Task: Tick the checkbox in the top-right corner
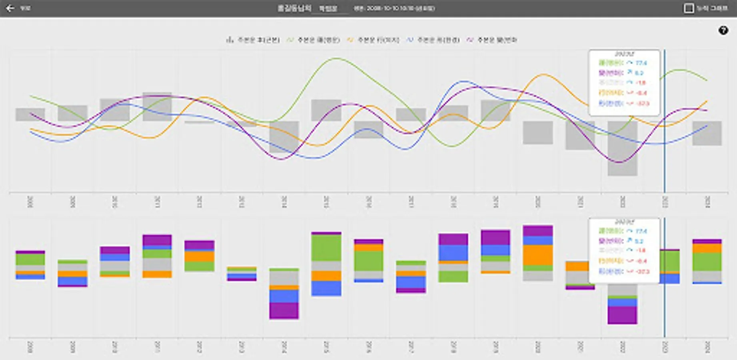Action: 688,8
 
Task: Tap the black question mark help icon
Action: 723,30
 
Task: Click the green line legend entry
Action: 314,40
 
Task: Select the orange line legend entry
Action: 373,40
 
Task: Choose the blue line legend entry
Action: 433,40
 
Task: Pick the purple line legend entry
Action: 493,40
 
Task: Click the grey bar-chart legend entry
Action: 253,40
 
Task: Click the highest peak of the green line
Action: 336,58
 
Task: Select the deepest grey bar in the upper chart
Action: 622,148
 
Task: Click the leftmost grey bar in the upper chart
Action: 30,114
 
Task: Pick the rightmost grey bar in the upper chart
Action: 707,133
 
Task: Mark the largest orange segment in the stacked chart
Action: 538,255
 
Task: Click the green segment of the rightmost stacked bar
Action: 707,262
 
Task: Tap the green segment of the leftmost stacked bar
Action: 30,259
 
